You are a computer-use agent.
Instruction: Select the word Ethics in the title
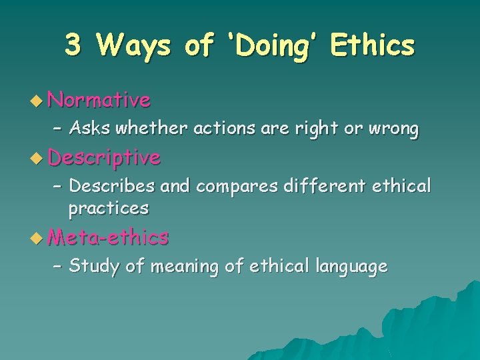pyautogui.click(x=372, y=45)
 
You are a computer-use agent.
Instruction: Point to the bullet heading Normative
pyautogui.click(x=99, y=101)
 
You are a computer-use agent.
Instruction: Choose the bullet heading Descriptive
pyautogui.click(x=105, y=157)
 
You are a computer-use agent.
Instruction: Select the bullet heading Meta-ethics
pyautogui.click(x=109, y=237)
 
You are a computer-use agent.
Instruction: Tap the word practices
pyautogui.click(x=108, y=208)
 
